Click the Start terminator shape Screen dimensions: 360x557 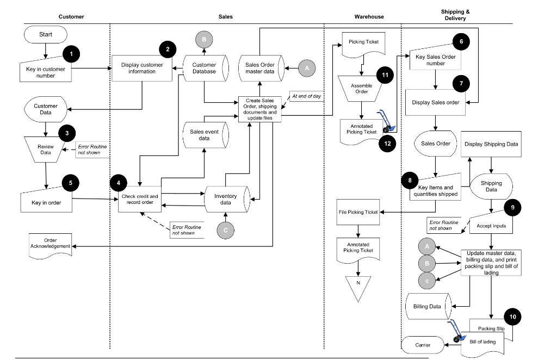coord(46,35)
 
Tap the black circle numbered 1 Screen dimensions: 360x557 coord(71,53)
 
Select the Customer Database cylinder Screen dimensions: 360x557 coord(204,68)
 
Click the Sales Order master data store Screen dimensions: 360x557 coord(260,68)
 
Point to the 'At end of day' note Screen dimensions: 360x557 coord(306,96)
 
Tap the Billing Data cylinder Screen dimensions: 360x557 coord(428,306)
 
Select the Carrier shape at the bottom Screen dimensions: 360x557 coord(423,345)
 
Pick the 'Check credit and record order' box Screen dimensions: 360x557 coord(140,200)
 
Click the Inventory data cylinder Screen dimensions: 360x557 coord(226,200)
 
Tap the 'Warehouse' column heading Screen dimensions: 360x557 coord(369,17)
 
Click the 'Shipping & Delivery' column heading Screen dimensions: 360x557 coord(455,15)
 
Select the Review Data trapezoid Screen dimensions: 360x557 coord(46,150)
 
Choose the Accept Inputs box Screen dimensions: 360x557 coord(491,225)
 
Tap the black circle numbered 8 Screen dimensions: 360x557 coord(410,179)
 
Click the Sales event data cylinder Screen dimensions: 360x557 coord(205,135)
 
